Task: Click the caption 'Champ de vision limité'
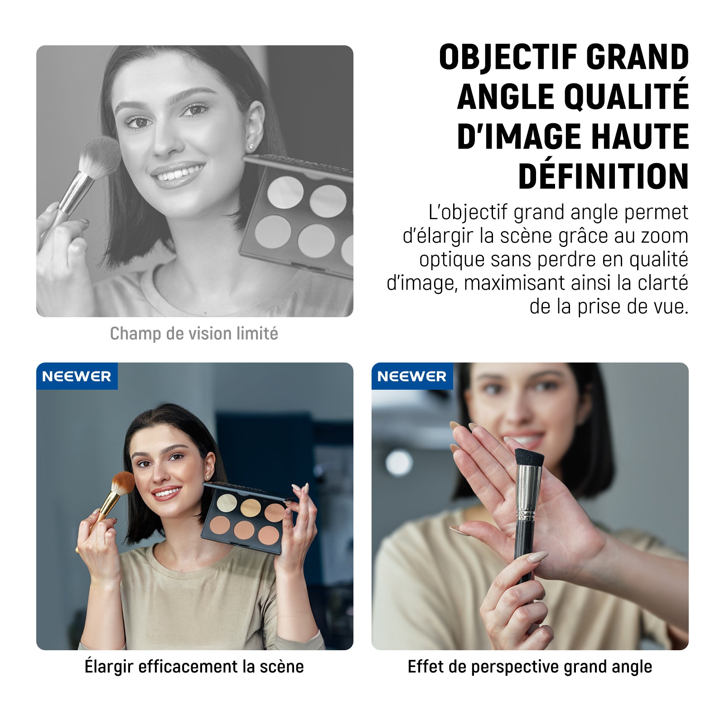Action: pos(194,334)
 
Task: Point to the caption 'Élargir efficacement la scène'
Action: pos(194,667)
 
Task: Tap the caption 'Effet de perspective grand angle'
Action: pos(530,667)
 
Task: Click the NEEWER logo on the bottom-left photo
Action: pos(77,376)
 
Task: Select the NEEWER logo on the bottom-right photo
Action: pos(412,376)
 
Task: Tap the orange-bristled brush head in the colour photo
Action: pos(123,483)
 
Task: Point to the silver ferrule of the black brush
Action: pos(528,493)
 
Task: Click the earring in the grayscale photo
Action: pos(251,146)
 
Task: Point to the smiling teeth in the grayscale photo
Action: pos(179,174)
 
